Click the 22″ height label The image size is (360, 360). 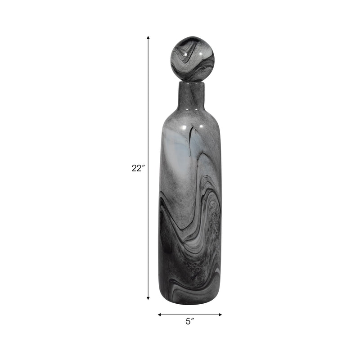(138, 168)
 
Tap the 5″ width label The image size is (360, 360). (189, 321)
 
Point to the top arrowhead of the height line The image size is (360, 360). (148, 38)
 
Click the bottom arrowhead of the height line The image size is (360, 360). (148, 297)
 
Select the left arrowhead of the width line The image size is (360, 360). (159, 315)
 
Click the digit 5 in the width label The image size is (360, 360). (188, 321)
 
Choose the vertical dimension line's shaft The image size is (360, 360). (148, 112)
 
